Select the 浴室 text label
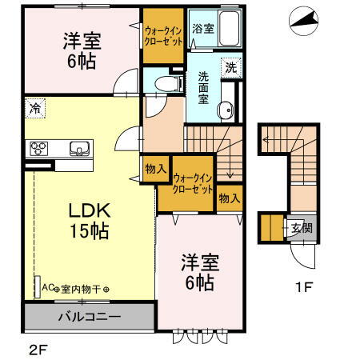pos(203,29)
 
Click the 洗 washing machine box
pos(230,68)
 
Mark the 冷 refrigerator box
pos(34,106)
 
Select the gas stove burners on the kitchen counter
pos(40,148)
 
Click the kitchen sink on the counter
pos(78,148)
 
